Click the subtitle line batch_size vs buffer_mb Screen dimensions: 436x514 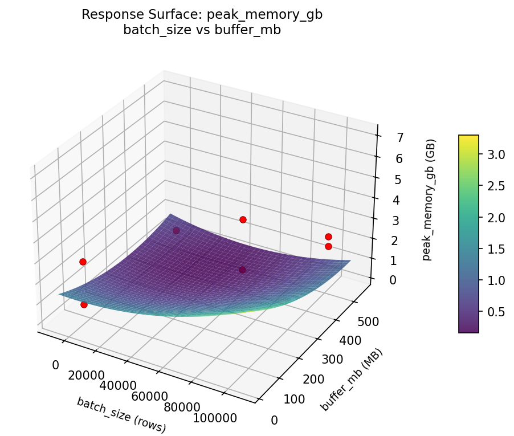[202, 30]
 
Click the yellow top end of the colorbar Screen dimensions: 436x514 [468, 138]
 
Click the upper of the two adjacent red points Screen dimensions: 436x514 [328, 237]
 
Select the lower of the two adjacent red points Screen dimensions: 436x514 [328, 246]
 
